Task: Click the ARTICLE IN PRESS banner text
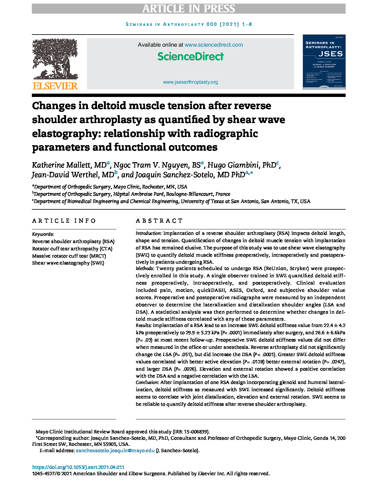pos(189,9)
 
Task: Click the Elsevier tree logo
pos(55,59)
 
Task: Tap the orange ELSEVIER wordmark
pos(55,86)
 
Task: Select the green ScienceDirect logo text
pos(190,56)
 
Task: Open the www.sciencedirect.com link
pos(213,45)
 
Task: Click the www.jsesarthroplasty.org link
pos(190,82)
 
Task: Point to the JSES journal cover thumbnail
pos(324,62)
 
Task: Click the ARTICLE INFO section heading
pos(64,221)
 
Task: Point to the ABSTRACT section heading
pos(159,221)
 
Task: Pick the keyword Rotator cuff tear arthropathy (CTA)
pos(72,249)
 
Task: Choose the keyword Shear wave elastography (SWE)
pos(68,263)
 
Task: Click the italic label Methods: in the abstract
pos(145,268)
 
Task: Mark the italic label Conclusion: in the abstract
pos(147,382)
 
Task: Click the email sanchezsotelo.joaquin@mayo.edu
pos(115,451)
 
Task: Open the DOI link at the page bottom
pos(78,467)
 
